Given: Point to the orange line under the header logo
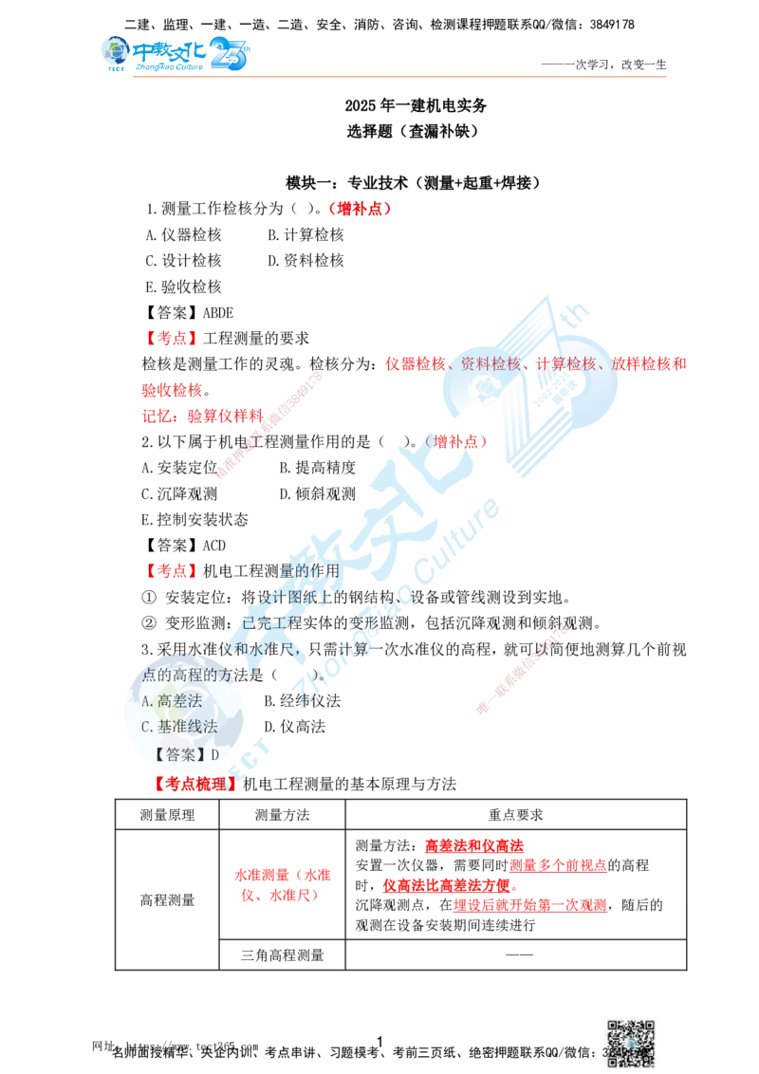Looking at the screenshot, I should point(398,75).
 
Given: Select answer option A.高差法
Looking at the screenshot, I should point(172,701).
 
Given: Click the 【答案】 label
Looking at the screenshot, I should point(177,754).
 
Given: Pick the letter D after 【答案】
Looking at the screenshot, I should point(214,754).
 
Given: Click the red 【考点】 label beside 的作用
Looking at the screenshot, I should point(171,572).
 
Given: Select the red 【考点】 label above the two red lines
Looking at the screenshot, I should point(171,337).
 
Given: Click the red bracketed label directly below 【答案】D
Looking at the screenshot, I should point(194,786).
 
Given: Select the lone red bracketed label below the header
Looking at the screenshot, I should point(360,209).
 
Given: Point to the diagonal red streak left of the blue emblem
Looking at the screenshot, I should point(270,427).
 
